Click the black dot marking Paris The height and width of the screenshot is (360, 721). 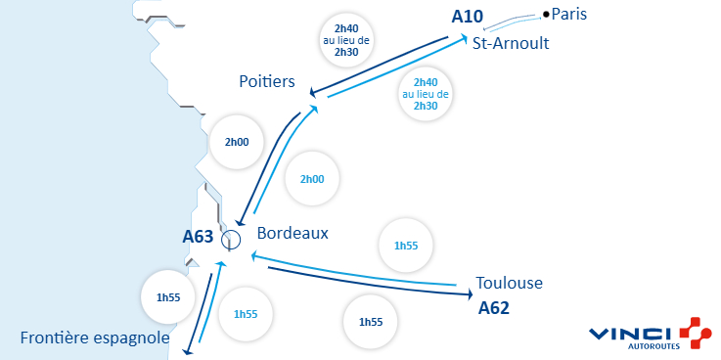546,14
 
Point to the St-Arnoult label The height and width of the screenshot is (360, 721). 511,44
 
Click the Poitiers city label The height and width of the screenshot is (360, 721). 267,81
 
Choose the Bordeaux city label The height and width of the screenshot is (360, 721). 293,234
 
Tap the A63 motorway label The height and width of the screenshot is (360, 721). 199,236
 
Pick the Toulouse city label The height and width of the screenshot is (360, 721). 509,284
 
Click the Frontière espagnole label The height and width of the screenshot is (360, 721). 95,338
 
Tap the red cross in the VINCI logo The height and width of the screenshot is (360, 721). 694,332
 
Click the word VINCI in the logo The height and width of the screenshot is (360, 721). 630,333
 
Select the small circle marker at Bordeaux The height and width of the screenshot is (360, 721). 231,238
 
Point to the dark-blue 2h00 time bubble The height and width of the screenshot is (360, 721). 237,142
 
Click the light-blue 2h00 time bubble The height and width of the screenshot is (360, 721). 319,179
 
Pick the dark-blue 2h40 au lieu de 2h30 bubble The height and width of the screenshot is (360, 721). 345,38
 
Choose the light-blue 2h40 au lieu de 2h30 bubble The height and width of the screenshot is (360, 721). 426,94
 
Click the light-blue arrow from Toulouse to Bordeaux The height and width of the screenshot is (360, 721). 352,272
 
